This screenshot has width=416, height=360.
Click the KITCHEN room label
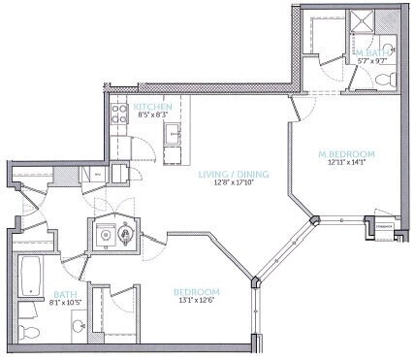(x=153, y=106)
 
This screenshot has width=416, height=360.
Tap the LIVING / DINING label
(x=233, y=175)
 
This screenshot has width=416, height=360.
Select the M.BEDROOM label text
(x=345, y=153)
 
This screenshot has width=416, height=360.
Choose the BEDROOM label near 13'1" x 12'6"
(x=196, y=292)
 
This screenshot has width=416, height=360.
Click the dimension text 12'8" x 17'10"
(x=233, y=184)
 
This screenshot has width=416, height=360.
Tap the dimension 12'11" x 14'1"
(x=345, y=163)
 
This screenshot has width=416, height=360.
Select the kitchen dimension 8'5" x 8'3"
(x=153, y=115)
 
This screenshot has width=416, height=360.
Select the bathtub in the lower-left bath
(x=30, y=276)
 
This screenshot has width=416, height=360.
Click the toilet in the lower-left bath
(x=30, y=334)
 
